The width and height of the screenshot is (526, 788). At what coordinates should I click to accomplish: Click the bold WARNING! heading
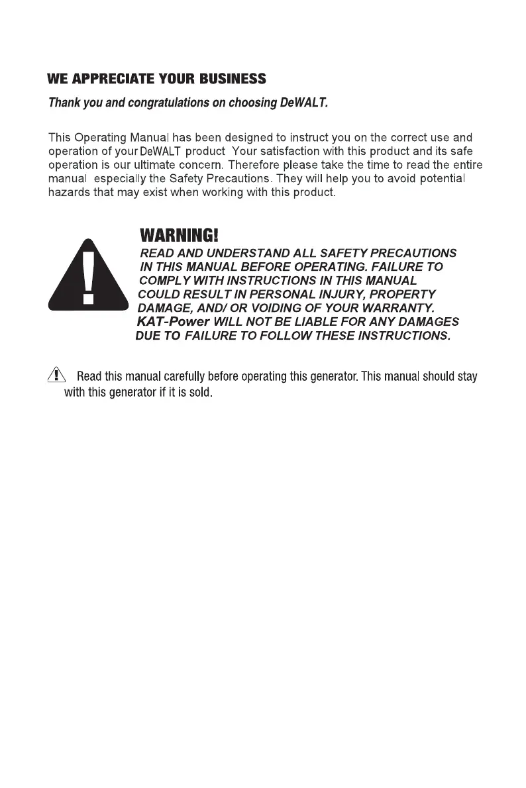[x=178, y=235]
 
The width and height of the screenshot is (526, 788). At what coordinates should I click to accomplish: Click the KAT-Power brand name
[x=173, y=322]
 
